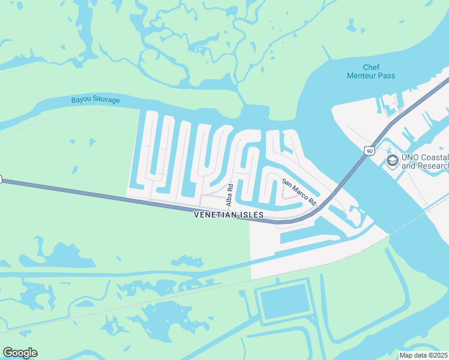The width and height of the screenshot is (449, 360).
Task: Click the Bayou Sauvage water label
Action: coord(95,100)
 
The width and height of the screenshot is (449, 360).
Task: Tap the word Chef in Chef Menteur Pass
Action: coord(372,67)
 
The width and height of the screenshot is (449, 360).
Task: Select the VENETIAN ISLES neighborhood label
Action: coord(229,215)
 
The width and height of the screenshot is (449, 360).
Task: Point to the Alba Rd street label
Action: coord(229,196)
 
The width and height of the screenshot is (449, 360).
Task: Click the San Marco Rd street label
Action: coord(299,193)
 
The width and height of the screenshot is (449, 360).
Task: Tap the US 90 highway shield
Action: coord(369,151)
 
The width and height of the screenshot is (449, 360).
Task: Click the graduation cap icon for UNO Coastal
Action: coord(392,160)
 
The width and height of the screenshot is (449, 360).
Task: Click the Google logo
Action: coord(20,353)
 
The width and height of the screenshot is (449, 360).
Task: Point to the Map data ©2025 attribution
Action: coord(423,355)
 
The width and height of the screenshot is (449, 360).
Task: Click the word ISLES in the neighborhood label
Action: coord(250,215)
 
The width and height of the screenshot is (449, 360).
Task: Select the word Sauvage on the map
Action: coord(106,100)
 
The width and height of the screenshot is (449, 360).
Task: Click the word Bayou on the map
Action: coord(81,100)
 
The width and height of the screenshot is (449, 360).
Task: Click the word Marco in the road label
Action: coord(299,193)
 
